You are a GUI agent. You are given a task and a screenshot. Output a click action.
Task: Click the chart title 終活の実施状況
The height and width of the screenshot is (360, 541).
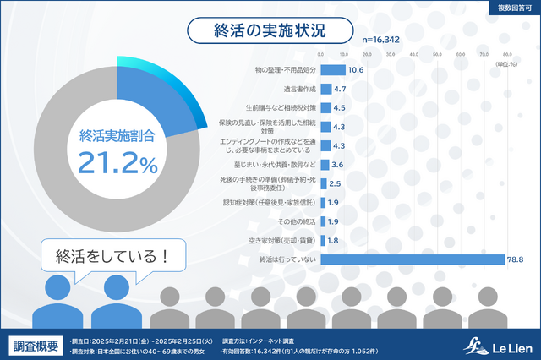[269, 31]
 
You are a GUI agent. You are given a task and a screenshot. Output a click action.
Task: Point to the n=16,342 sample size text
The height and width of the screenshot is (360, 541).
[381, 39]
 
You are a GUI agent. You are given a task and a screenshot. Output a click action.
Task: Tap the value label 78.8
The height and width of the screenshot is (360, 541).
[516, 259]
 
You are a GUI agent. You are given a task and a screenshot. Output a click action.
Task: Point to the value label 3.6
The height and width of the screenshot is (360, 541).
[336, 164]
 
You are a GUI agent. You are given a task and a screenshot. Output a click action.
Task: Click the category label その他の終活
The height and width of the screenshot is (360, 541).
[298, 221]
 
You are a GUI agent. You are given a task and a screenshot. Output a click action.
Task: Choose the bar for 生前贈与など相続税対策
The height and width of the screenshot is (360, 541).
[325, 108]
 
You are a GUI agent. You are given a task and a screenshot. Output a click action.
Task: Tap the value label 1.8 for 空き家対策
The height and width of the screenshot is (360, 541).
[334, 240]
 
